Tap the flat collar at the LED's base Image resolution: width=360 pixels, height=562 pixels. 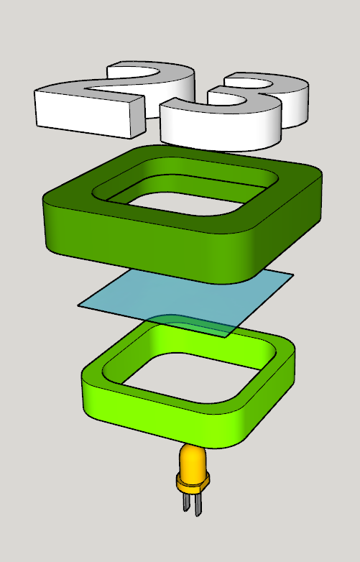tap(192, 482)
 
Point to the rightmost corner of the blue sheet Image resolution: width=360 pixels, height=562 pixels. tap(292, 275)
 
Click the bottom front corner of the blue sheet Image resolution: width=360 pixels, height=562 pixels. tap(227, 336)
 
